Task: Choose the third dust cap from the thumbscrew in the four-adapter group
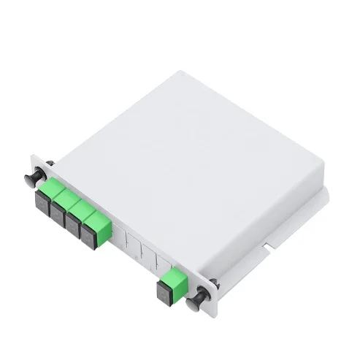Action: [x=73, y=221]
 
